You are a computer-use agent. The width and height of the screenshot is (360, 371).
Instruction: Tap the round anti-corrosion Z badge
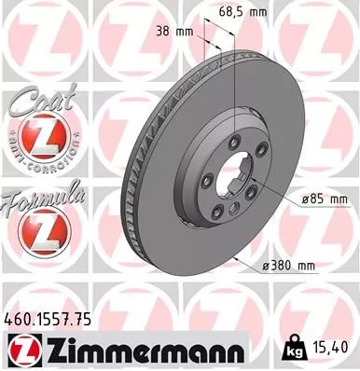point(42,139)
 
